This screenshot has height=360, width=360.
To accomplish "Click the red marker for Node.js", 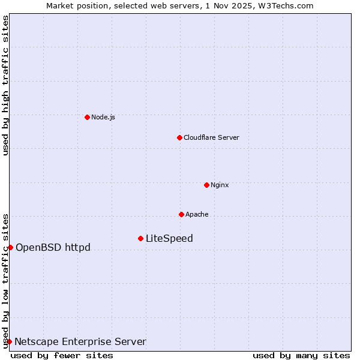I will [87, 117].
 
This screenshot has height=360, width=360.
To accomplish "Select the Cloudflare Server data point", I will [179, 137].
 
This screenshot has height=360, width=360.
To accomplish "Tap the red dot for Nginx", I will [206, 185].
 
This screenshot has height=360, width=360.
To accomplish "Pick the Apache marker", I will [181, 214].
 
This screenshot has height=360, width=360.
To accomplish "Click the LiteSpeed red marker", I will [140, 238].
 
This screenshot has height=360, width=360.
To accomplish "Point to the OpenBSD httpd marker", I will [10, 247].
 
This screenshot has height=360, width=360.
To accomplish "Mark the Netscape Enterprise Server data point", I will [9, 341].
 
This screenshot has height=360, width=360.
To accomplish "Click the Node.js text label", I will [103, 117].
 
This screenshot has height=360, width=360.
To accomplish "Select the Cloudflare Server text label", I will [211, 137].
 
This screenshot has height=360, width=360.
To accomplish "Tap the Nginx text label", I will [220, 185].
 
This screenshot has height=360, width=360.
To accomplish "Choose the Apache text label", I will [197, 214].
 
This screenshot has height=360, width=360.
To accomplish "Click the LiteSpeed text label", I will [169, 238].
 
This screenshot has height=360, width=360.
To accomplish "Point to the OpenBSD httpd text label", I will [53, 247].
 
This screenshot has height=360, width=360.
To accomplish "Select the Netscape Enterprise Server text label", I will [80, 341].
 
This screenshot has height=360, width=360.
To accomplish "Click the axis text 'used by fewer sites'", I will [62, 355].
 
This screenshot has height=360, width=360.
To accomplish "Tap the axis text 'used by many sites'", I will [301, 355].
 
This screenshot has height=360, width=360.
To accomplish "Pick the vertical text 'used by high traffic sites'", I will [5, 85].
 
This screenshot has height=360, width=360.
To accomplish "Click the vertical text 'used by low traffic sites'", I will [5, 280].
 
